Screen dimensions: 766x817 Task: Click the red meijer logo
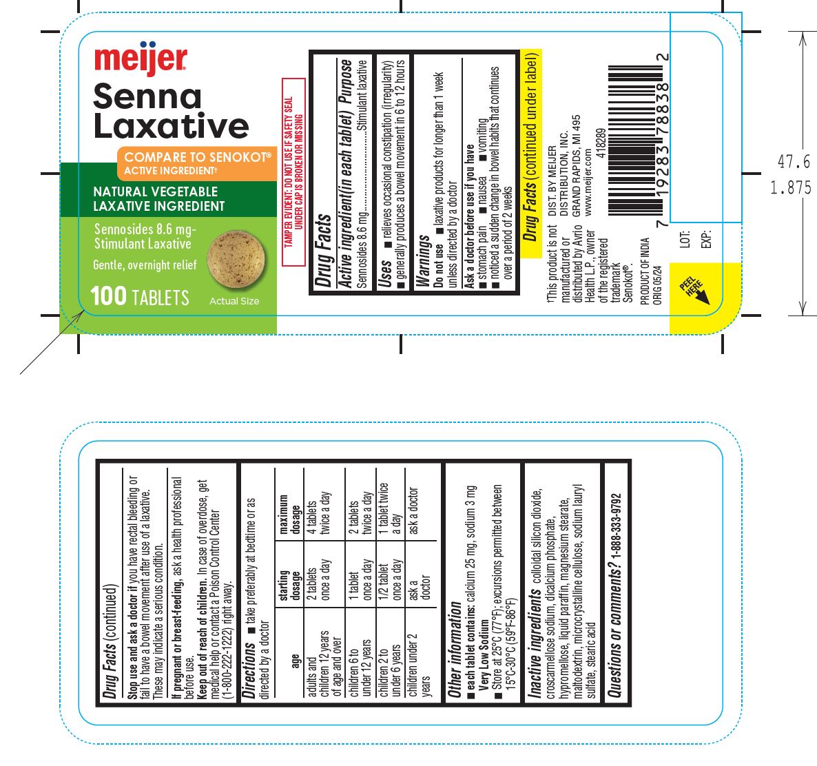pos(140,60)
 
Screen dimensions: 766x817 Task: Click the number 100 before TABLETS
pos(109,297)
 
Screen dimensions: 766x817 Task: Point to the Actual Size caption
pos(234,301)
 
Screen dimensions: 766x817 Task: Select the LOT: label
pos(685,239)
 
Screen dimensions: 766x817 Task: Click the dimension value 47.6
pos(794,162)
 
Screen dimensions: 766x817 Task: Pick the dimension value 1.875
pos(791,187)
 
